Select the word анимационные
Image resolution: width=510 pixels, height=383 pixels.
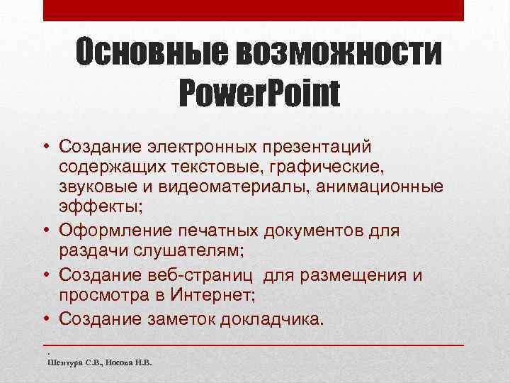[x=385, y=187]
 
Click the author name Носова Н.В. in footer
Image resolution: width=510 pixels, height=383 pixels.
[x=130, y=362]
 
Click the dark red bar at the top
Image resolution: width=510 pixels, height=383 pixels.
[x=254, y=10]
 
